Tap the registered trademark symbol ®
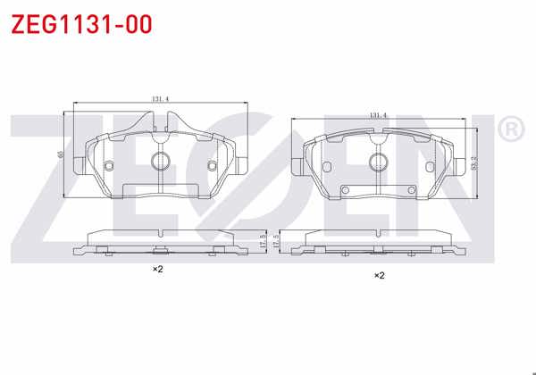tap(509, 131)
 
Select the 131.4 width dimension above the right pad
tap(378, 115)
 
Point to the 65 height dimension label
tap(61, 154)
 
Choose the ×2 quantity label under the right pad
tap(379, 275)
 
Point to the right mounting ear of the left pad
tap(243, 165)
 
